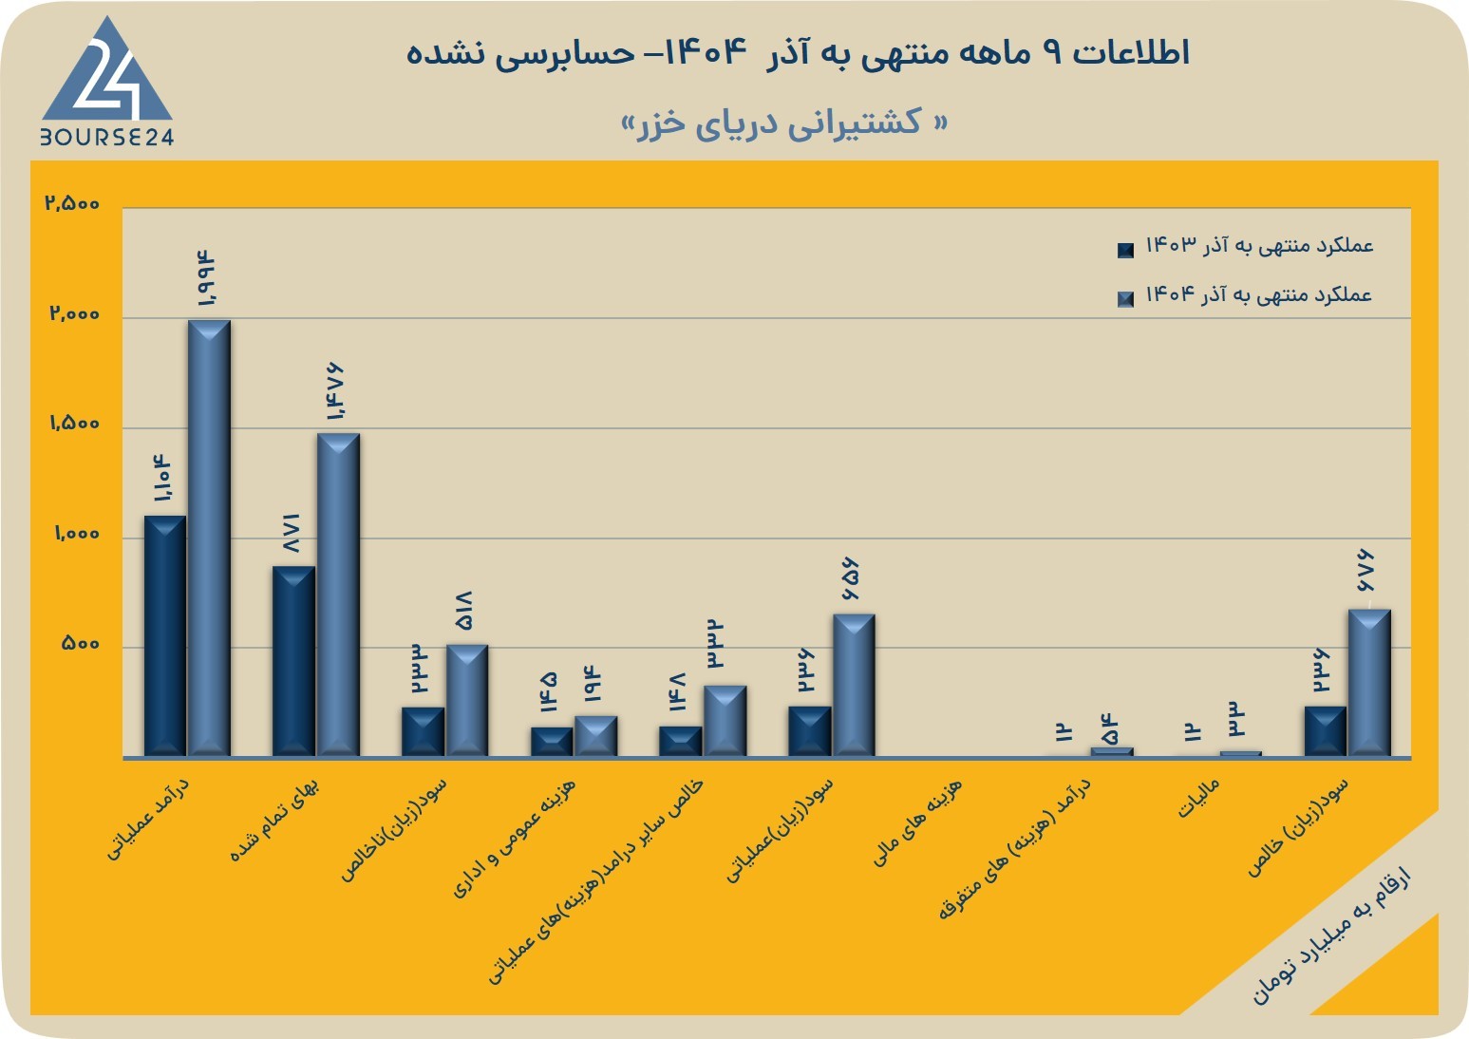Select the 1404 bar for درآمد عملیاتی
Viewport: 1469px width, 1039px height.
click(209, 538)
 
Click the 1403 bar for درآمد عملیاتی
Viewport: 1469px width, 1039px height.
click(165, 636)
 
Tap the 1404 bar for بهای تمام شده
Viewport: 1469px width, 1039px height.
click(338, 595)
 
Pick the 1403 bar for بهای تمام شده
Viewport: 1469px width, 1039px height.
click(293, 661)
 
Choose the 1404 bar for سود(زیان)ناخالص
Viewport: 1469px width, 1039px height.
click(467, 701)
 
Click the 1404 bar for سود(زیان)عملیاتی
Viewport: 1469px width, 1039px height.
click(854, 686)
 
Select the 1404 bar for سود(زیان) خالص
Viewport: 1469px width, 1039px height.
click(1370, 683)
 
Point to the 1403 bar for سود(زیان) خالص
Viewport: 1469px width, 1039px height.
click(1326, 731)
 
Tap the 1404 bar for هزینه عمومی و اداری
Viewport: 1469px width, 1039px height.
click(596, 736)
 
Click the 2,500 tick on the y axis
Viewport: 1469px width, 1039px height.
click(72, 203)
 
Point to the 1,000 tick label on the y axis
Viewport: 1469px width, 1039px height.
click(76, 534)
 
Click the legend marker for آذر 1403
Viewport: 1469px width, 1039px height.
click(1125, 250)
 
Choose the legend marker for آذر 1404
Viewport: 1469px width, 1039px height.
click(1125, 299)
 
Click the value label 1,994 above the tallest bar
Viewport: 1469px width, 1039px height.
click(205, 278)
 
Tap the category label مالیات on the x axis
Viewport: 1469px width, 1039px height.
click(1198, 798)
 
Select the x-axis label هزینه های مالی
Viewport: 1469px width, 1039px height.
click(917, 822)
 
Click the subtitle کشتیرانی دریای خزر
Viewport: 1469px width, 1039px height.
click(784, 123)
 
